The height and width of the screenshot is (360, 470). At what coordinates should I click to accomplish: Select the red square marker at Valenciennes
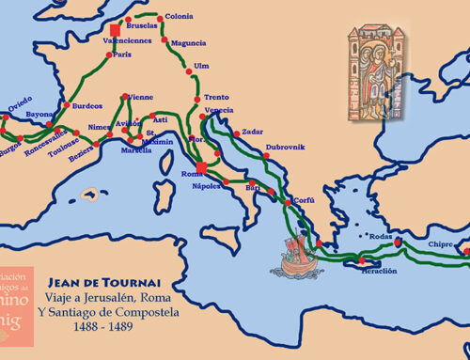coord(116,30)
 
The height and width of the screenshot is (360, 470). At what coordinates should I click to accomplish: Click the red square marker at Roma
coord(201,167)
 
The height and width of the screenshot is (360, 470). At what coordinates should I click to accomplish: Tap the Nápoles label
coord(208,186)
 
